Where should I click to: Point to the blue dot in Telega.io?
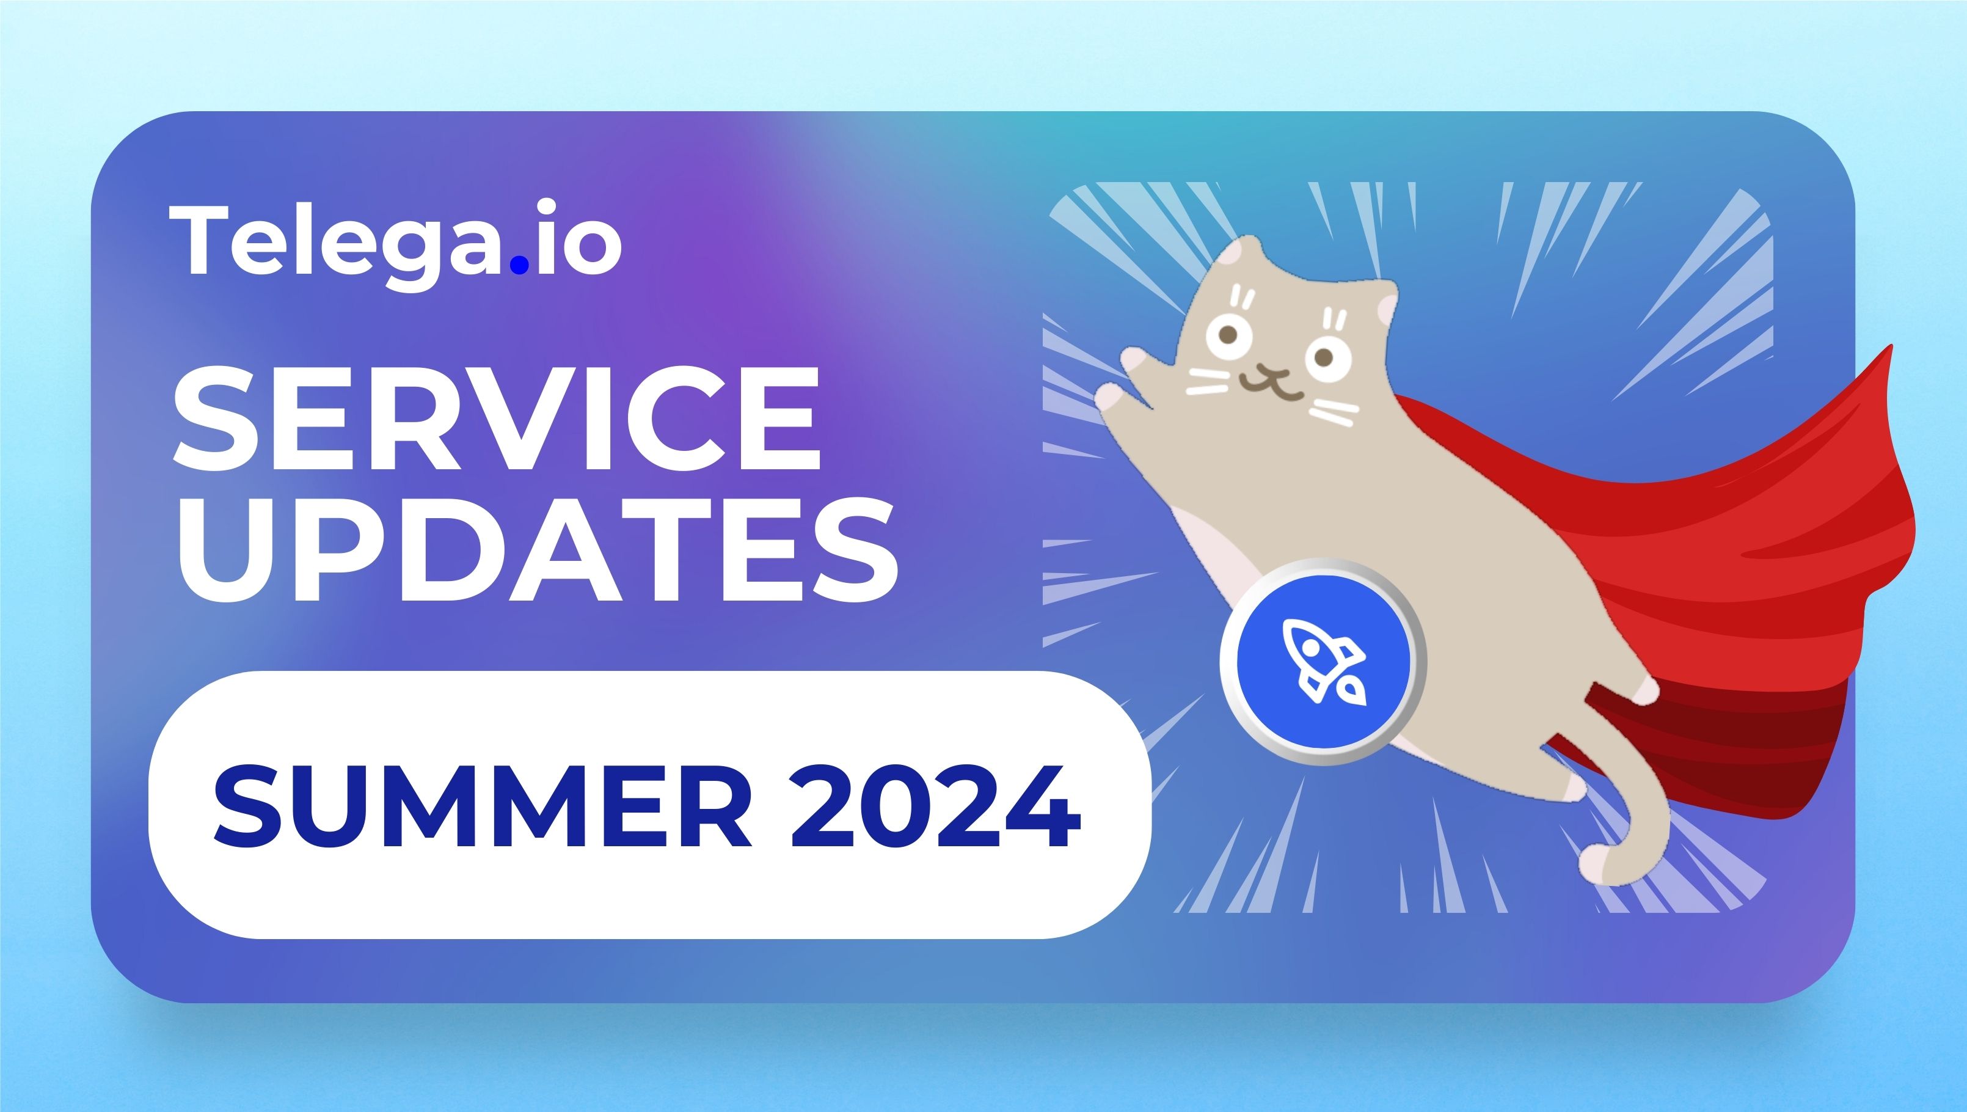coord(519,264)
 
